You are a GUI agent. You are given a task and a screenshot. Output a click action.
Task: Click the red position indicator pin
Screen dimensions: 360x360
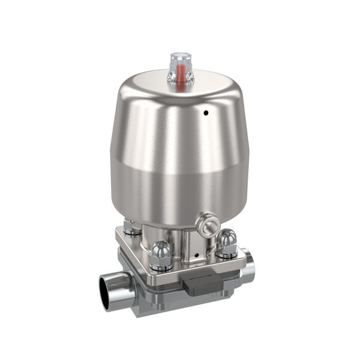pos(179,74)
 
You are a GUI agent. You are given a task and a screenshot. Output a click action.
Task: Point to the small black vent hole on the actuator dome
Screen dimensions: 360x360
pos(205,112)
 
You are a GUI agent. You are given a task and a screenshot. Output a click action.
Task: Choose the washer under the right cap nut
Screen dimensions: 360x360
pos(227,251)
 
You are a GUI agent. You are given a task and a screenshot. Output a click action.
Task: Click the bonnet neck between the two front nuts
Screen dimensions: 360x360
pos(192,246)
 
